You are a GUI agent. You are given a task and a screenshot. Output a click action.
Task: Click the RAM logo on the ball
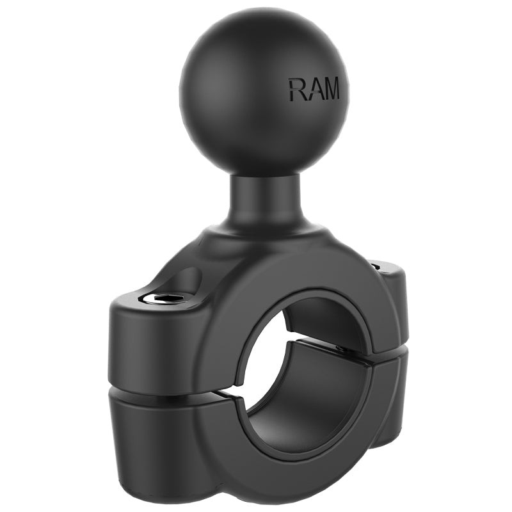[314, 90]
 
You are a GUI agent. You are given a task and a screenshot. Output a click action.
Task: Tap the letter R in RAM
[296, 90]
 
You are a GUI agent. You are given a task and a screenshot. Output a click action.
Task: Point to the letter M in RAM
[330, 90]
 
